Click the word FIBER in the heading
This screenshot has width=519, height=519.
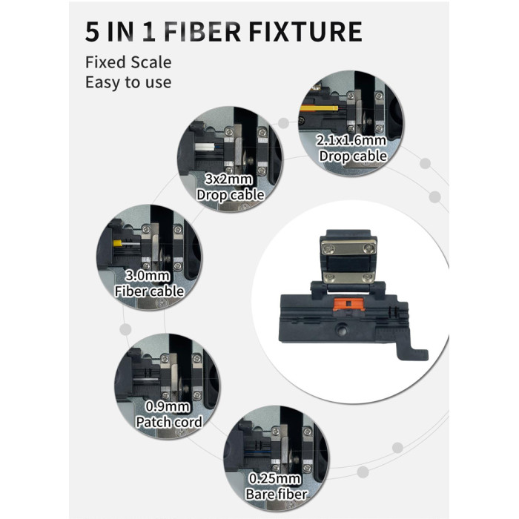coord(202,32)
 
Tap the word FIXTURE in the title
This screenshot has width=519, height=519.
coord(305,32)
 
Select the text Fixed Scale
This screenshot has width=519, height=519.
coord(128,62)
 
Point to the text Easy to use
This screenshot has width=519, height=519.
coord(128,82)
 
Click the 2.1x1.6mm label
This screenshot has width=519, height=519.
coord(351,140)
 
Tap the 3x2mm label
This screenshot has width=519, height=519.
coord(229,179)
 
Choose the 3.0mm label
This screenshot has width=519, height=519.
coord(148,275)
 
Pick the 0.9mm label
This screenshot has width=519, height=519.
coord(168,406)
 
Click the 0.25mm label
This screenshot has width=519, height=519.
coord(275,478)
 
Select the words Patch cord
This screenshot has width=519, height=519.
coord(169,422)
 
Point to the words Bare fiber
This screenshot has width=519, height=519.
coord(277,495)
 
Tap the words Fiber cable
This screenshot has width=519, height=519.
coord(149,291)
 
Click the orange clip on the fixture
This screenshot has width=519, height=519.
coord(348,304)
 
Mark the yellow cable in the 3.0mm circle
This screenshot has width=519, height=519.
coord(117,243)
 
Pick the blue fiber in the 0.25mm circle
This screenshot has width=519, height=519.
coord(257,451)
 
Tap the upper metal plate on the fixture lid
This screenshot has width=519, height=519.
coord(349,248)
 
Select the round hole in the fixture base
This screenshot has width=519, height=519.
coord(340,329)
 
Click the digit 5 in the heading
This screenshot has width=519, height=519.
coord(92,32)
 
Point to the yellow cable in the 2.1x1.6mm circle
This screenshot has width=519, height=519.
coord(319,108)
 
